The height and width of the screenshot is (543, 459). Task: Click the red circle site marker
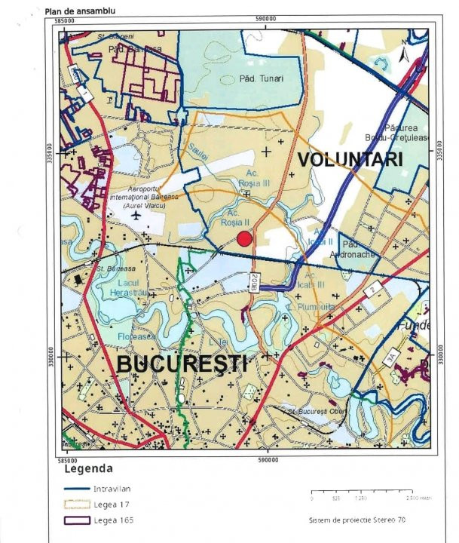click(243, 240)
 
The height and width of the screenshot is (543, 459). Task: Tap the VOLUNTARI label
click(349, 160)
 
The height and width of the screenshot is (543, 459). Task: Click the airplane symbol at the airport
click(136, 216)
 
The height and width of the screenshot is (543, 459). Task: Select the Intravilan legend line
click(78, 488)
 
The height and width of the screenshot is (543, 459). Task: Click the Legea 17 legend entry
click(78, 505)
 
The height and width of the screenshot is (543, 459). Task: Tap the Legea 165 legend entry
click(78, 520)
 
